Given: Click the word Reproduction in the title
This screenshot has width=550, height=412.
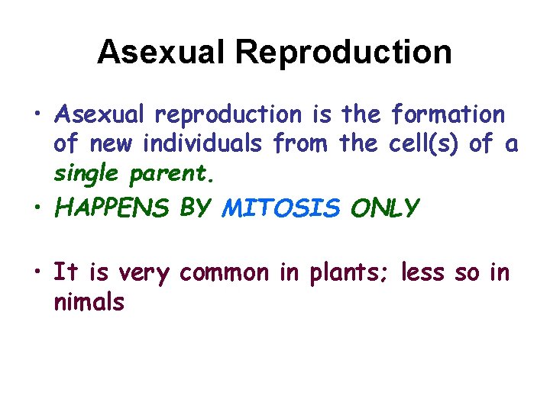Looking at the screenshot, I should [x=343, y=53].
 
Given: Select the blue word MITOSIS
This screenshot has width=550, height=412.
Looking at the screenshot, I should [x=280, y=208].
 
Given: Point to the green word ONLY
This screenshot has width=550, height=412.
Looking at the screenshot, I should [x=385, y=208].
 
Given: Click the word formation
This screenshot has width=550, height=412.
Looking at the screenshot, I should [x=448, y=114].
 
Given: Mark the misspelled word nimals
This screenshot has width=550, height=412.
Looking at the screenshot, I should [x=89, y=301].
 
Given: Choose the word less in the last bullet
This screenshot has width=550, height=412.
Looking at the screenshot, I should [x=421, y=273].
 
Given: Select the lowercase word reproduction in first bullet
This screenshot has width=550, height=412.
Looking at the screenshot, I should [x=228, y=114].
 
